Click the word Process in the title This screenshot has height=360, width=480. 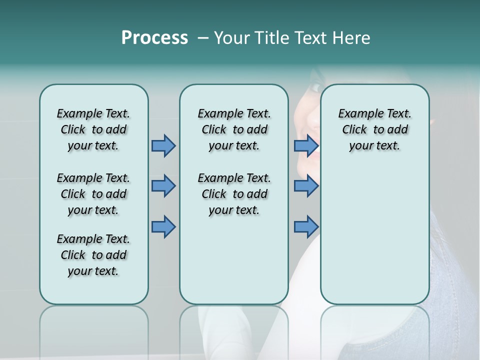pos(154,38)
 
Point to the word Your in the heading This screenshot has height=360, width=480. pos(232,38)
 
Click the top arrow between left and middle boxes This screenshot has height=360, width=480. pos(163,145)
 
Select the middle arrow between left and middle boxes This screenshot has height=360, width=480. pos(163,186)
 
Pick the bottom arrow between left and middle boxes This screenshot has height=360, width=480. pos(163,226)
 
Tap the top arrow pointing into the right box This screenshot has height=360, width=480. pos(306,145)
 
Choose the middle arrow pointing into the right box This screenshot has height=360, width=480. pos(306,186)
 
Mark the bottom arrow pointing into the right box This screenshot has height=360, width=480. pos(306,226)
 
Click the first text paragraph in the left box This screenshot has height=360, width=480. pos(93,129)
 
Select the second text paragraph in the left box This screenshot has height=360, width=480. pos(93,194)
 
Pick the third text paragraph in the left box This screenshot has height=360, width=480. pos(93,255)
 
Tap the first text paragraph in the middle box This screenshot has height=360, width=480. pos(234,129)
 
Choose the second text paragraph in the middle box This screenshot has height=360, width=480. pos(234,194)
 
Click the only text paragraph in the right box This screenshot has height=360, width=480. pos(374,129)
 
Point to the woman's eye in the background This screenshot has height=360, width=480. pos(314,87)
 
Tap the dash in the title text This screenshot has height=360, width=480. pos(202,38)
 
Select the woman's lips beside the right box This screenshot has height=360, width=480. pos(315,150)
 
